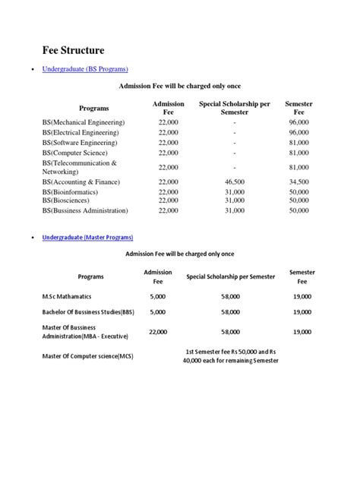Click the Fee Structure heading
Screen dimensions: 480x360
72,50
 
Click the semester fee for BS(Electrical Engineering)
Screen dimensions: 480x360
299,132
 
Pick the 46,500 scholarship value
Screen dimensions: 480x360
235,182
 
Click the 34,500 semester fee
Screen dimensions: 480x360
299,182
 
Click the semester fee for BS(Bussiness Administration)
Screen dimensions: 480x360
299,210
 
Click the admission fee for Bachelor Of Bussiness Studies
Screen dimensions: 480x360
157,311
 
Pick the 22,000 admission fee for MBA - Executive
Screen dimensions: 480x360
159,332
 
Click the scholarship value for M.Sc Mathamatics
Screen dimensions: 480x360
231,296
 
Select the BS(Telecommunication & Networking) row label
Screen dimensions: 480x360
80,167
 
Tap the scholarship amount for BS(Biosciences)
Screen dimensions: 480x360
235,201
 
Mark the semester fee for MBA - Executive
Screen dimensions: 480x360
302,332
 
